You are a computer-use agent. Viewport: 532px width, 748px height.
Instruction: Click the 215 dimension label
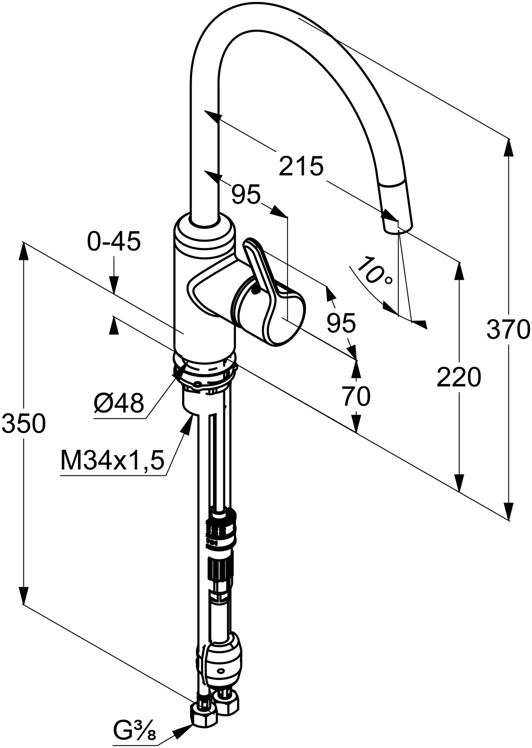(301, 166)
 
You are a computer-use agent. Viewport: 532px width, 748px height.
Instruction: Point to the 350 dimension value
(23, 424)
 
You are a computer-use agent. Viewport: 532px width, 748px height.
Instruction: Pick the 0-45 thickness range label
(114, 242)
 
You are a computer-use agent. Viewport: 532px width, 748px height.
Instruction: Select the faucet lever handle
(262, 269)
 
